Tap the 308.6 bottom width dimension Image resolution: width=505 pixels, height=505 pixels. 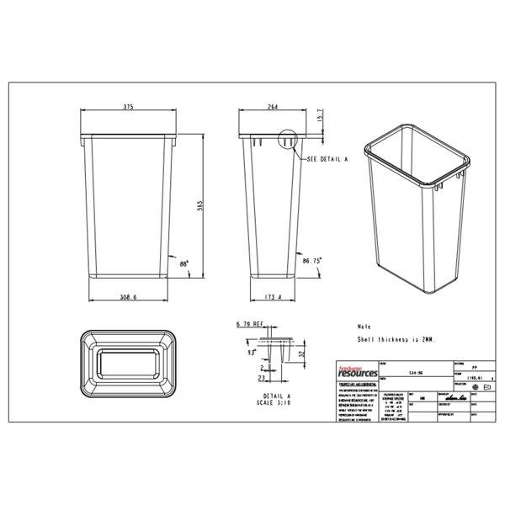click(128, 299)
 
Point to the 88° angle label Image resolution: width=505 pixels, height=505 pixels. click(183, 263)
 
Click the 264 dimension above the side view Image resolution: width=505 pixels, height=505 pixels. click(272, 107)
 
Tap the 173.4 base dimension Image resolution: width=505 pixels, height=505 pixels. click(272, 299)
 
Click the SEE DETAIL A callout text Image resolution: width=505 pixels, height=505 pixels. click(329, 159)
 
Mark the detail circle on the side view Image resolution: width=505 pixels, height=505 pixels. click(287, 142)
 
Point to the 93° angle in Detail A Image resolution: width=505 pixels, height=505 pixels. click(250, 353)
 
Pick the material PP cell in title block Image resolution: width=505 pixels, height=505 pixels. click(476, 368)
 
